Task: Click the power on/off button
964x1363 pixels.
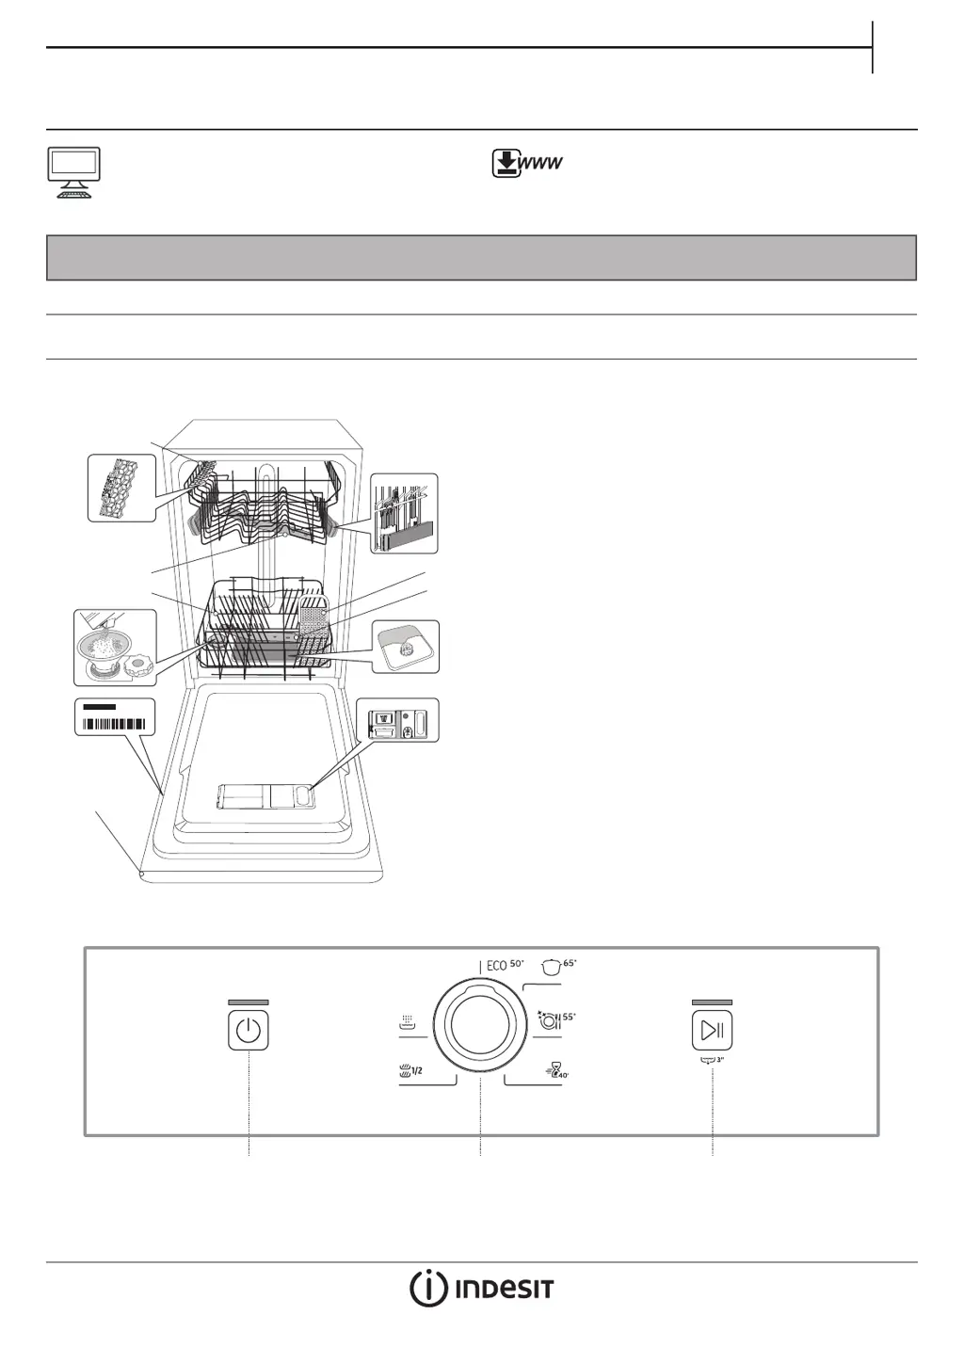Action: tap(249, 1030)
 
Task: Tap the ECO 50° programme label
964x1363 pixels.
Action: tap(505, 965)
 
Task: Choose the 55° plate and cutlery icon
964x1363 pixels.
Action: tap(555, 1020)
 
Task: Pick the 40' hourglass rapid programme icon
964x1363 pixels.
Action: tap(557, 1071)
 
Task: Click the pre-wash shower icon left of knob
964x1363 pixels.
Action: tap(408, 1022)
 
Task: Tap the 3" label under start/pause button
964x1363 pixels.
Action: tap(713, 1060)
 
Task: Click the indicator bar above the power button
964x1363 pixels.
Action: tap(249, 1002)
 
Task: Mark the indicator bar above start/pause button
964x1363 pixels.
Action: tap(712, 1002)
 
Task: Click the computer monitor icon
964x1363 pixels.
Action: tap(74, 171)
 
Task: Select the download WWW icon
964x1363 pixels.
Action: tap(527, 164)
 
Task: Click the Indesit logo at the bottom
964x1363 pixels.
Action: tap(481, 1289)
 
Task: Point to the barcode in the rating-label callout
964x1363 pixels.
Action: tap(114, 724)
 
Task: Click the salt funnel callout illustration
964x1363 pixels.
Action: tap(115, 647)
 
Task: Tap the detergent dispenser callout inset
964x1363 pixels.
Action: tap(404, 720)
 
